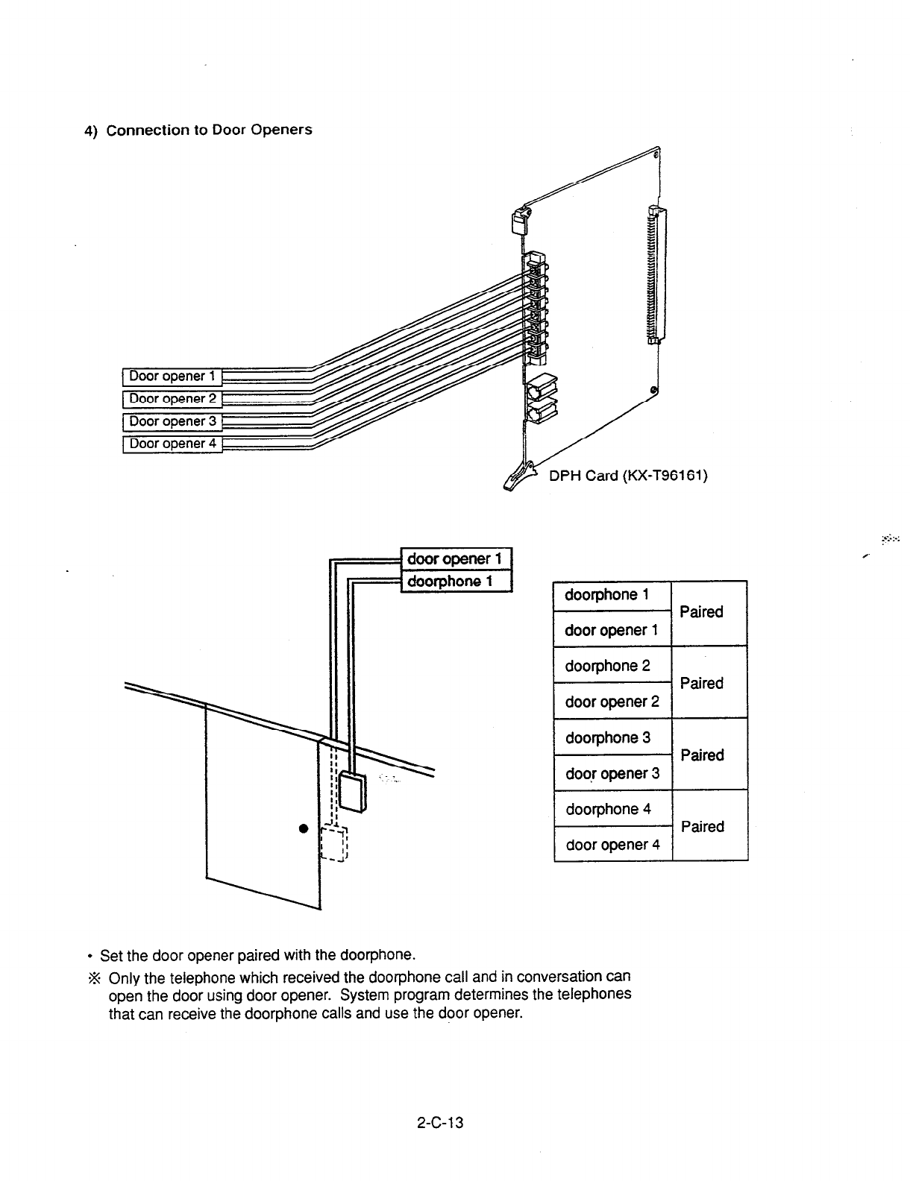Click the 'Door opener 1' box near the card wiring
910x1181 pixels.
coord(172,376)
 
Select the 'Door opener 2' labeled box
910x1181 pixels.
coord(172,399)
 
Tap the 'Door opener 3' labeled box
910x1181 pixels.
coord(172,421)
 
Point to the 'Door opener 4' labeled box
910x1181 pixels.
coord(172,444)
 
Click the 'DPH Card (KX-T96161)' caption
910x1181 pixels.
coord(627,476)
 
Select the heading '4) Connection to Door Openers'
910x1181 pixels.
coord(198,130)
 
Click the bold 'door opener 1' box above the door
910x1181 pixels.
coord(456,558)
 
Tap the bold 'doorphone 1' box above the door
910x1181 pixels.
coord(456,581)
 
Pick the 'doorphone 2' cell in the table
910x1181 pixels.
coord(612,666)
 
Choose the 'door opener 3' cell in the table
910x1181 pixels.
coord(612,773)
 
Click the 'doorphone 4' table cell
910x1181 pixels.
coord(612,809)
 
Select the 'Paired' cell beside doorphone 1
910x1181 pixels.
coord(702,612)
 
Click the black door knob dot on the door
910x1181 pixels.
coord(304,828)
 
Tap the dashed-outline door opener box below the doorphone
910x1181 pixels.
coord(333,844)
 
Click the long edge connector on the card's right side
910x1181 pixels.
coord(657,276)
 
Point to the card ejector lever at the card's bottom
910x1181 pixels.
coord(522,477)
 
